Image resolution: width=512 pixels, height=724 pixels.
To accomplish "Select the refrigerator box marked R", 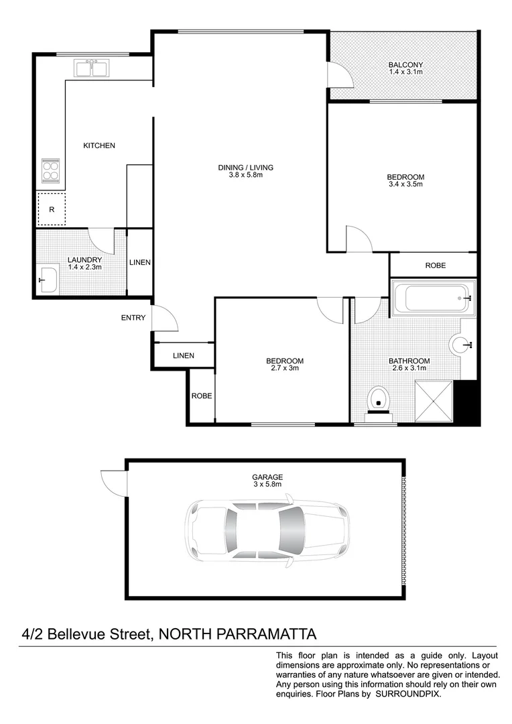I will pyautogui.click(x=51, y=208).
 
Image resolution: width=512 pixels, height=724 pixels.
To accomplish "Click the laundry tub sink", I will pyautogui.click(x=48, y=280).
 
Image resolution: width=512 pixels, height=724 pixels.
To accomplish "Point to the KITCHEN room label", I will pyautogui.click(x=99, y=145).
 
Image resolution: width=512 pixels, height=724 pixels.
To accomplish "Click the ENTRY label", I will pyautogui.click(x=133, y=318).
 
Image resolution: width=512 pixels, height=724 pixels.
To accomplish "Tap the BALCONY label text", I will pyautogui.click(x=405, y=65).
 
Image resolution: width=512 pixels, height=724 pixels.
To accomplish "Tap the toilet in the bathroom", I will pyautogui.click(x=379, y=399).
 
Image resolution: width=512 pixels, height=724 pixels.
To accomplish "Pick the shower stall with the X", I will pyautogui.click(x=435, y=400).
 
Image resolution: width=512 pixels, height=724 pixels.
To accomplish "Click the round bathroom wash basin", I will pyautogui.click(x=462, y=345).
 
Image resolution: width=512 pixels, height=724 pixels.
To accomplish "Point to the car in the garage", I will pyautogui.click(x=267, y=529).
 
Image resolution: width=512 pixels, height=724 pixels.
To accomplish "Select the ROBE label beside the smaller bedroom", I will pyautogui.click(x=202, y=396).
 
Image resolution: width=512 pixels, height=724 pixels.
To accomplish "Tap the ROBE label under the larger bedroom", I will pyautogui.click(x=435, y=265).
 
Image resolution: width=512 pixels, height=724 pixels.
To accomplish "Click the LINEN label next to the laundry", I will pyautogui.click(x=140, y=262).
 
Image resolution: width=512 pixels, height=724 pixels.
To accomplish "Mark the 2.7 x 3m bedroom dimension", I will pyautogui.click(x=285, y=368).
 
